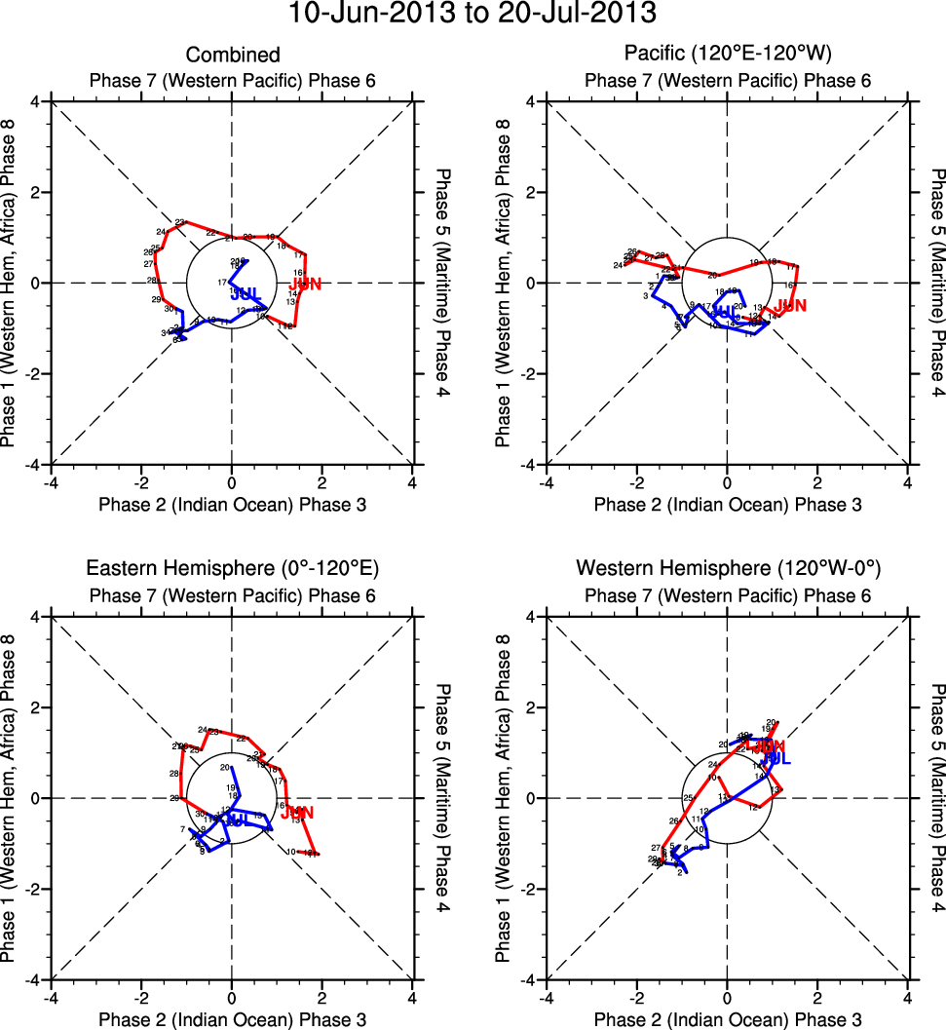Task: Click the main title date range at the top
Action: (473, 15)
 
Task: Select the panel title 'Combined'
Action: (233, 56)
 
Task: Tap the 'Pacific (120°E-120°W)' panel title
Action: (728, 56)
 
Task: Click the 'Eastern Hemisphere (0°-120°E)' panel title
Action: (233, 568)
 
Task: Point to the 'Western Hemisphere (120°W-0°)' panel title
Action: (728, 568)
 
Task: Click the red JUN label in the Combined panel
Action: (306, 285)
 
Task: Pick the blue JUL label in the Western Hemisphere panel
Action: (776, 758)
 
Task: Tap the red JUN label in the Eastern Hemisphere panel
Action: (298, 813)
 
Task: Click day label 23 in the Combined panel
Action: (179, 222)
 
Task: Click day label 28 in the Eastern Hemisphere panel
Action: (173, 774)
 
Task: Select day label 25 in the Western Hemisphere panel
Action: (688, 798)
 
